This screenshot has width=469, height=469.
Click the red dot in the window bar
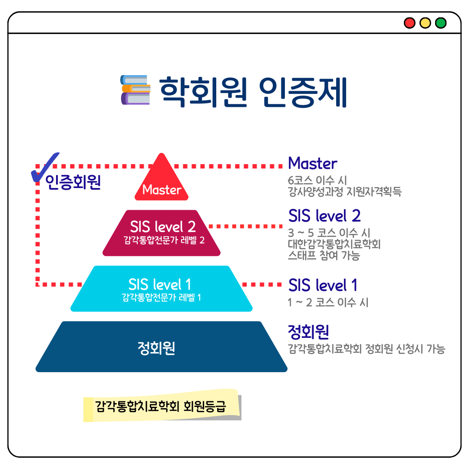pos(410,23)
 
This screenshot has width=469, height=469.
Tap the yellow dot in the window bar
pos(425,23)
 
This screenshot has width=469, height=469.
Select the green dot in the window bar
pos(441,23)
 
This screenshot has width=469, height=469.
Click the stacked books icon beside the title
pos(135,90)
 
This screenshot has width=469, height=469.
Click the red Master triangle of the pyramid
pos(162,179)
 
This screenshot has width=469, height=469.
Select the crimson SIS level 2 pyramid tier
pos(162,233)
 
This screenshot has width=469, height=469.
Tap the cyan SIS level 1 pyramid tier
pos(162,289)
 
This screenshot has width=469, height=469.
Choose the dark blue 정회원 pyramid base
pos(162,347)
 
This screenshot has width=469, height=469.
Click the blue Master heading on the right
pos(313,163)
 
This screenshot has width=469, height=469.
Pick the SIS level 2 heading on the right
pos(324,216)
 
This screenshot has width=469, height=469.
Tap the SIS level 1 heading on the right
pos(323,285)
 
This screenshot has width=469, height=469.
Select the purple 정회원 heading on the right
pos(308,332)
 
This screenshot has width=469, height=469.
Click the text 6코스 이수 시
pos(317,180)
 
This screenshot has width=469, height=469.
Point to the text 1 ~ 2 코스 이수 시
pos(328,302)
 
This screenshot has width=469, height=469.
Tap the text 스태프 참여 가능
pos(324,255)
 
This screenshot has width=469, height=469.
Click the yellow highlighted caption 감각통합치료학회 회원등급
pos(161,406)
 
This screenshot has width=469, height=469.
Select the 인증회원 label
pos(73,182)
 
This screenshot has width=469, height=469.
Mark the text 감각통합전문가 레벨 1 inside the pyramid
pos(161,297)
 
